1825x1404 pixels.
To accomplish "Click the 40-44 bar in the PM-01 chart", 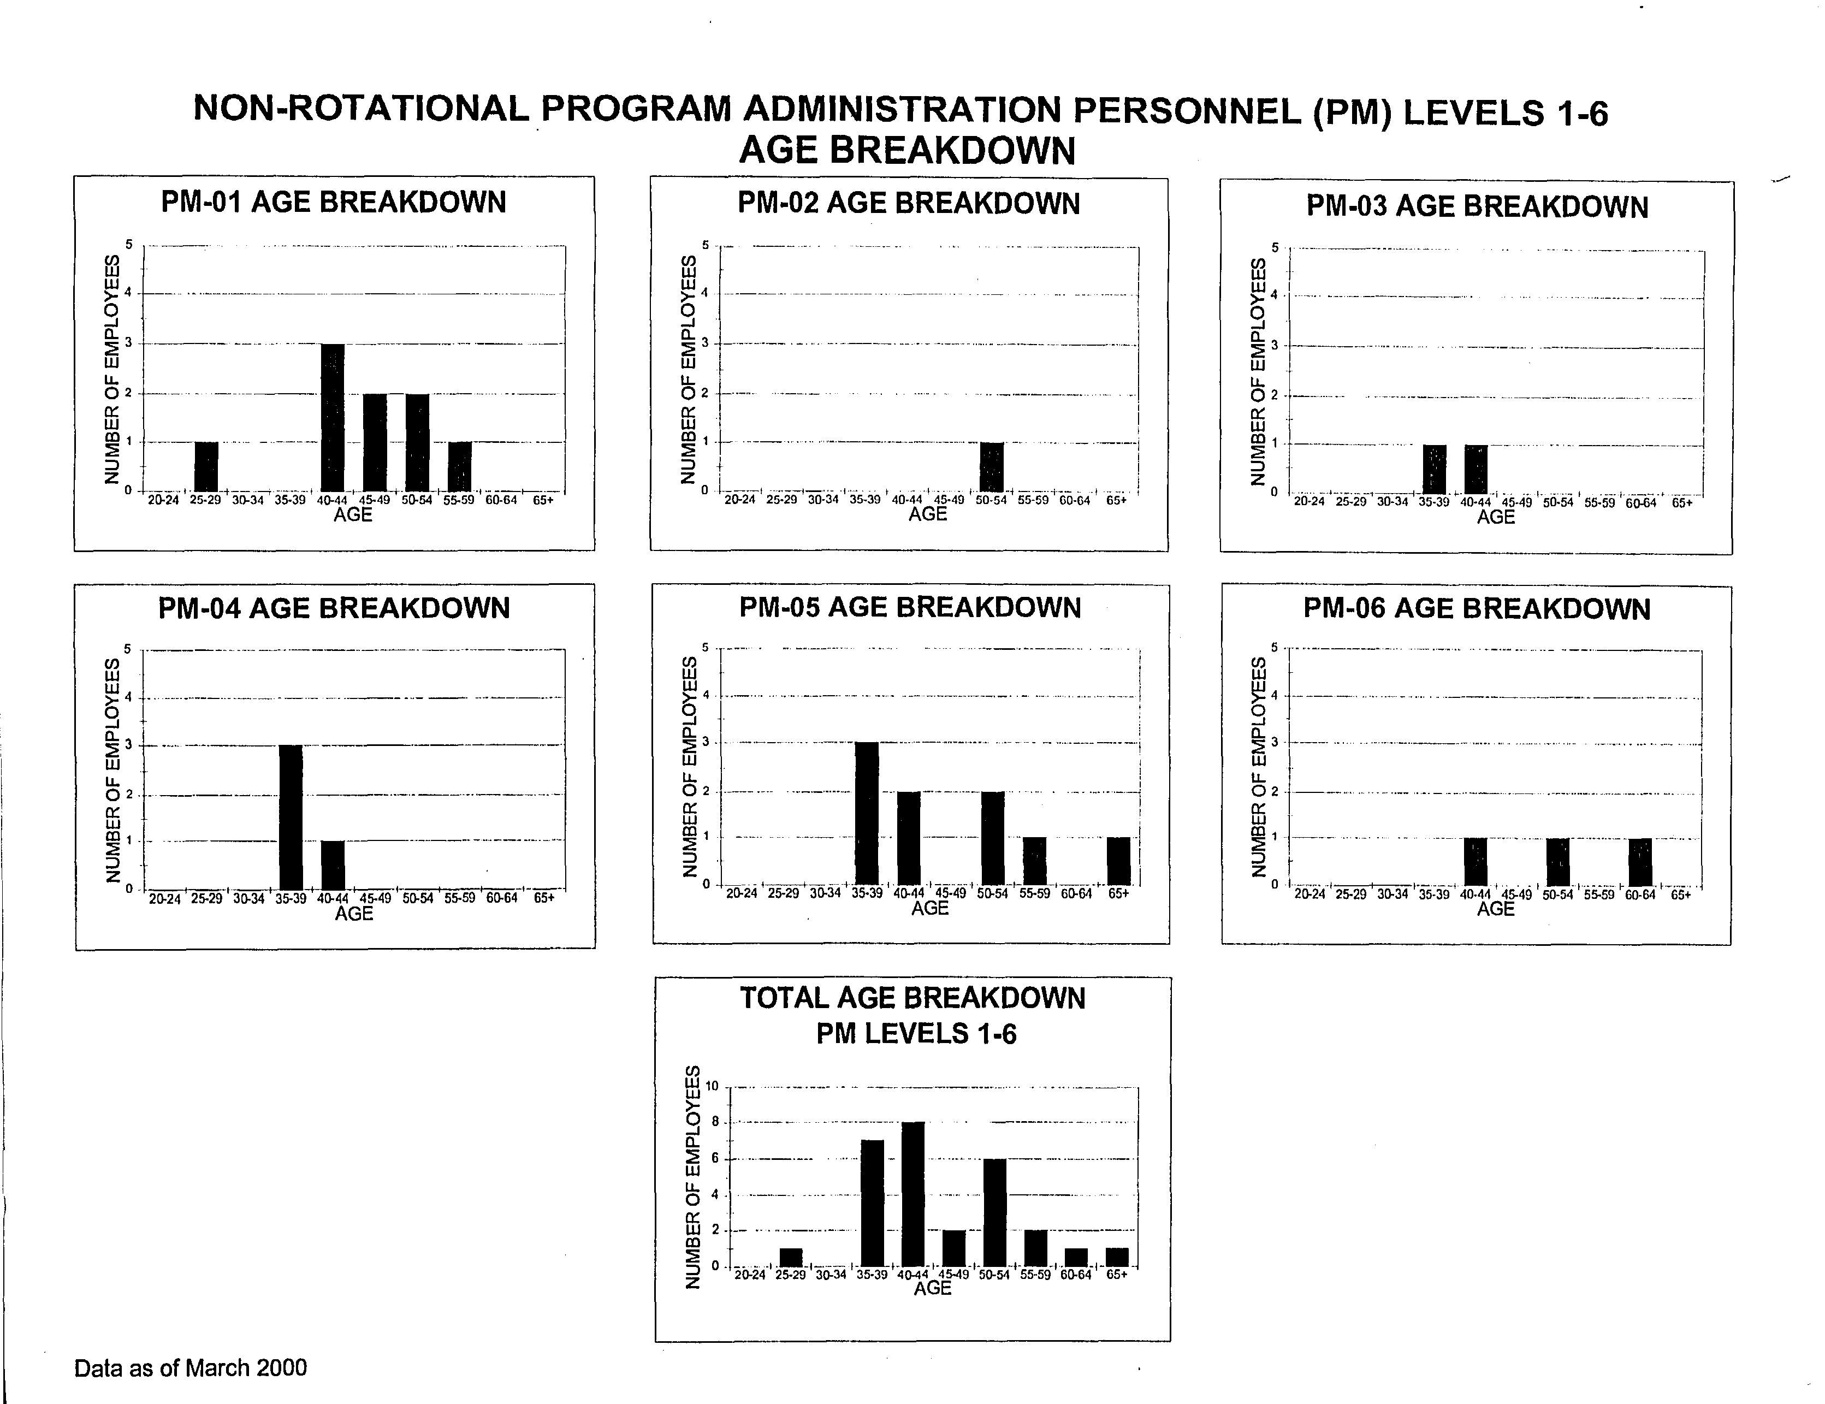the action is coord(333,418).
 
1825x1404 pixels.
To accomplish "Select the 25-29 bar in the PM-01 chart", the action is coord(206,467).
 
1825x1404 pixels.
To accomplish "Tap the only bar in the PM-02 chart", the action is coord(992,467).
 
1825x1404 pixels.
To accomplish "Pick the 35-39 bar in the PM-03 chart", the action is coord(1435,470).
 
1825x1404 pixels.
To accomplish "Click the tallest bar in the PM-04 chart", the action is coord(291,817).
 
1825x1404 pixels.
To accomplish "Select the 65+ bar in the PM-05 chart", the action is coord(1119,861).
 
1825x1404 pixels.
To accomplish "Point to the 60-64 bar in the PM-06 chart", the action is coord(1640,862).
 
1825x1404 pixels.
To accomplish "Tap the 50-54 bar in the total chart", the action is coord(994,1213).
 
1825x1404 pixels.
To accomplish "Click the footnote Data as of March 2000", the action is coord(191,1368).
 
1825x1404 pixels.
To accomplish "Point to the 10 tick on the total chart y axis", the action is coord(712,1086).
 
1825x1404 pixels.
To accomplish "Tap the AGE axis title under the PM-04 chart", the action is coord(353,914).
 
